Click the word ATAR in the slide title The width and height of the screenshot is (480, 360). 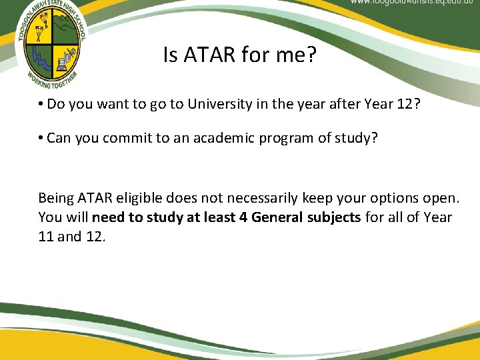tap(201, 56)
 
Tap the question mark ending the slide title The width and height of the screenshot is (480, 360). tap(310, 56)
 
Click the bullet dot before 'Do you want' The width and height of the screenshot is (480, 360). tap(41, 104)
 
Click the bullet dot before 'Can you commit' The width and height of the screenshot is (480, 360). tap(41, 138)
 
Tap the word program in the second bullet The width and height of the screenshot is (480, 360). tap(285, 138)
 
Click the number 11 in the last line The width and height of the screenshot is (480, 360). tap(46, 237)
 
